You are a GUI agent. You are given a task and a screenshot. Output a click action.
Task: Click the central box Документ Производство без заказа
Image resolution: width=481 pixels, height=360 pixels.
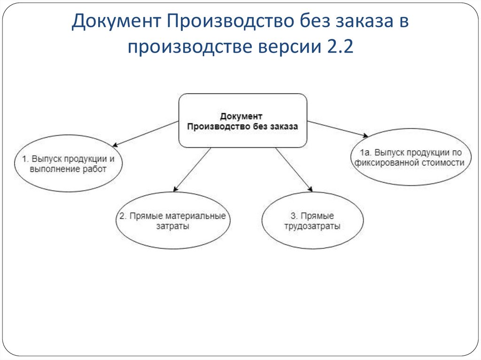[242, 121]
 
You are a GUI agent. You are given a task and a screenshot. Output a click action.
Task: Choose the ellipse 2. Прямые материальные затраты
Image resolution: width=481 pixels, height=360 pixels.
[172, 221]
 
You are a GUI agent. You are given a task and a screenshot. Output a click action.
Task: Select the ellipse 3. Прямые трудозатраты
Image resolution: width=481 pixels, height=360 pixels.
[312, 221]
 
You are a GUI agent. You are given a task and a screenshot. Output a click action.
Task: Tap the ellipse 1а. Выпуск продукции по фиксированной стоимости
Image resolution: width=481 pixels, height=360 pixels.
[411, 157]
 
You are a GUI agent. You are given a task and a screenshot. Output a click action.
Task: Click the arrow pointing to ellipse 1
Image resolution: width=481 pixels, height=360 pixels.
[145, 133]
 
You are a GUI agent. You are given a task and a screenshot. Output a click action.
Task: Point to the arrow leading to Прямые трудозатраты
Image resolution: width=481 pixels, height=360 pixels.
[294, 169]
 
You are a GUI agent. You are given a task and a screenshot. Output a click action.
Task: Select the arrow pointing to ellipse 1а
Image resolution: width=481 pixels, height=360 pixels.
[337, 129]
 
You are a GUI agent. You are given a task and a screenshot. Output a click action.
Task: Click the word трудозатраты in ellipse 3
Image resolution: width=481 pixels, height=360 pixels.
[312, 226]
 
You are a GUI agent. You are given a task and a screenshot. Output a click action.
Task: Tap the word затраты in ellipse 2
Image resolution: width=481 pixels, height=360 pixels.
[172, 226]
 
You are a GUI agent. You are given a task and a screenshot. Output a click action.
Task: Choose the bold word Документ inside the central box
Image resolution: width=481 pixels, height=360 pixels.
[242, 115]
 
